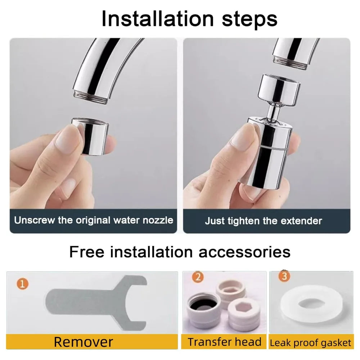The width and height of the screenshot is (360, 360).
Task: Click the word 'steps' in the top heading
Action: point(249,19)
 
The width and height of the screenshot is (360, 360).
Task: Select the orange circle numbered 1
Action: point(22,284)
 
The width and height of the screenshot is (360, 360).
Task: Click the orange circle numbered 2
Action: point(198,276)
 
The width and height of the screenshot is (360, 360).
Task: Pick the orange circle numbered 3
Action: point(284,276)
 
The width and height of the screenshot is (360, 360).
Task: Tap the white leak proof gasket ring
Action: point(311,304)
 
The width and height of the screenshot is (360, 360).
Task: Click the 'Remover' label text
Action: point(84,342)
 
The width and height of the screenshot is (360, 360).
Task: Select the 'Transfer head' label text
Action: point(224,342)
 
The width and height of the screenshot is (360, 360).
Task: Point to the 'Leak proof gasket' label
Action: point(310,343)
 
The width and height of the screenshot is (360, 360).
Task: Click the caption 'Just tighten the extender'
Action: point(264,221)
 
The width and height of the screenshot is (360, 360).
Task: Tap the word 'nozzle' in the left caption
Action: point(158,220)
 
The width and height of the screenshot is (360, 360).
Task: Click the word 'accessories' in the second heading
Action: point(244,252)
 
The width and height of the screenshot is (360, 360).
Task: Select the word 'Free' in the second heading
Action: point(86,252)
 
